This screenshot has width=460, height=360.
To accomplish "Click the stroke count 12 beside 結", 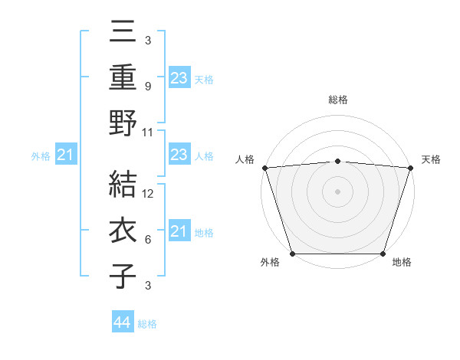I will pyautogui.click(x=149, y=194).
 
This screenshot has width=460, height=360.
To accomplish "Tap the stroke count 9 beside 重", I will pyautogui.click(x=148, y=87).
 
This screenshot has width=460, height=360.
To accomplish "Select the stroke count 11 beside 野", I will pyautogui.click(x=149, y=132).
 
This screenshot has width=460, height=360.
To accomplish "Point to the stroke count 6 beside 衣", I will pyautogui.click(x=148, y=240).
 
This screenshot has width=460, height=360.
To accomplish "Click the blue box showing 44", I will pyautogui.click(x=122, y=322).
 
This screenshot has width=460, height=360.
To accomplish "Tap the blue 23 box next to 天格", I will pyautogui.click(x=179, y=78).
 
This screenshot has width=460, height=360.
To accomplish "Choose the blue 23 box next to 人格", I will pyautogui.click(x=179, y=155).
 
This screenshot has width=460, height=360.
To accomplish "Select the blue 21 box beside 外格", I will pyautogui.click(x=66, y=155).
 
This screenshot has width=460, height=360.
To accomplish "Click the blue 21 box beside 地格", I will pyautogui.click(x=179, y=231).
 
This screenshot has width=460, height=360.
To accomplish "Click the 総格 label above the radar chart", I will pyautogui.click(x=337, y=100).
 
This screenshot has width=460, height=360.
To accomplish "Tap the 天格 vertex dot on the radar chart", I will pyautogui.click(x=410, y=167).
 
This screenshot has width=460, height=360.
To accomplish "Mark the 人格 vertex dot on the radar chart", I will pyautogui.click(x=264, y=167).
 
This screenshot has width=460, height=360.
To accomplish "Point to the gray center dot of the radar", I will pyautogui.click(x=337, y=191).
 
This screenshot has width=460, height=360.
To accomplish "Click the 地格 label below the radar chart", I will pyautogui.click(x=402, y=263).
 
